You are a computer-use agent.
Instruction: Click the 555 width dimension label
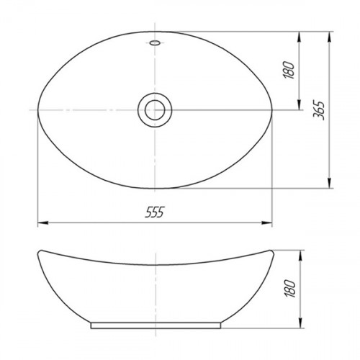(x=155, y=212)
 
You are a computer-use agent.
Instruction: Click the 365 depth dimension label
(x=319, y=111)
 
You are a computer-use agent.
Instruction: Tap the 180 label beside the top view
(x=289, y=70)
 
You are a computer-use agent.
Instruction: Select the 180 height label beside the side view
(x=290, y=289)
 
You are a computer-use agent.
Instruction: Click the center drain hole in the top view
(x=155, y=110)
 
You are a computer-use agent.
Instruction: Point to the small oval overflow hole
(x=155, y=43)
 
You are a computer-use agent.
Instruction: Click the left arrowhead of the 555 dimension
(x=43, y=223)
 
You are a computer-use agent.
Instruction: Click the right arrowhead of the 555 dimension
(x=266, y=223)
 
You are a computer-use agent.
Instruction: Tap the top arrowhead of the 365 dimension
(x=330, y=37)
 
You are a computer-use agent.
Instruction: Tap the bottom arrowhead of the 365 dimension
(x=330, y=183)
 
